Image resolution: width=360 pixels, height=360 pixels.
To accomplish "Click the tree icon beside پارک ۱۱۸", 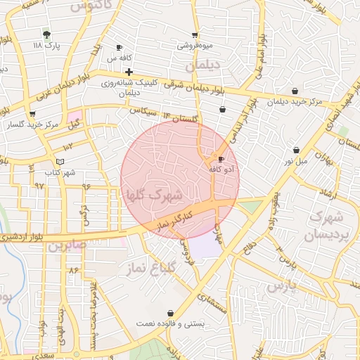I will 46,34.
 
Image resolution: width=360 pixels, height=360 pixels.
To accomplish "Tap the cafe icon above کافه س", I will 119,48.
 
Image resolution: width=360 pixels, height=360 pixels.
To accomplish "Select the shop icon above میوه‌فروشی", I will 195,35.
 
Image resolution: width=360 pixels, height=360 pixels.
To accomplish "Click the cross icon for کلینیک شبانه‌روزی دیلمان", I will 129,72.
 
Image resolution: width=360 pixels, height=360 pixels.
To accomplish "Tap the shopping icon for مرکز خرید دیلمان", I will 295,91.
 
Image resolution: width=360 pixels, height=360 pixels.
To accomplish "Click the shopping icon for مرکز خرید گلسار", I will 32,113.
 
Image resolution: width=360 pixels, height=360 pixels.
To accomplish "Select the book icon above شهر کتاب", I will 60,161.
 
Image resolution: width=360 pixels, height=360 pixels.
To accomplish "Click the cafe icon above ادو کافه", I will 222,159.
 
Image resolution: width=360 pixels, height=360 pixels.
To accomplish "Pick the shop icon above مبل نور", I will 296,150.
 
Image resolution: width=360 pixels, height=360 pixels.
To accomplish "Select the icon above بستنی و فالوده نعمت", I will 170,313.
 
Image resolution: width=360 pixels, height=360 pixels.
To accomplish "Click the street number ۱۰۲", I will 67,146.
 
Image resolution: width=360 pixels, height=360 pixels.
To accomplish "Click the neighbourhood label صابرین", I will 67,245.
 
